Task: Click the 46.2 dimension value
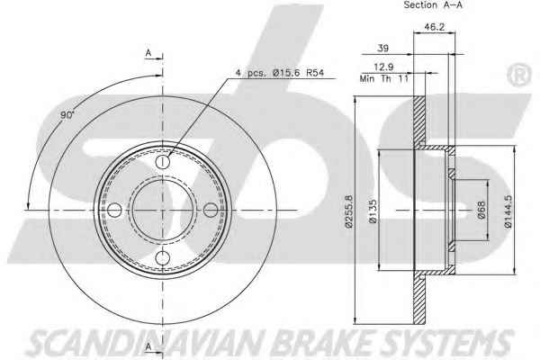pyautogui.click(x=435, y=26)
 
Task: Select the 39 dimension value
pyautogui.click(x=383, y=48)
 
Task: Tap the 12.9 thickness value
pyautogui.click(x=384, y=67)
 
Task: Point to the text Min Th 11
pyautogui.click(x=384, y=78)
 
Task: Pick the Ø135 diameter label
pyautogui.click(x=373, y=211)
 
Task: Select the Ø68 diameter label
pyautogui.click(x=481, y=210)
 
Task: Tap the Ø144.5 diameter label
pyautogui.click(x=508, y=211)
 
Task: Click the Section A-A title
pyautogui.click(x=433, y=4)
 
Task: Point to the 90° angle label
pyautogui.click(x=67, y=114)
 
